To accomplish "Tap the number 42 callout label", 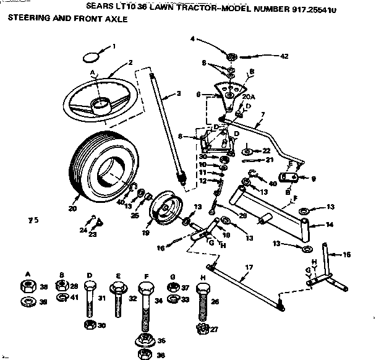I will (x=284, y=56).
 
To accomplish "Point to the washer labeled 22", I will (x=247, y=150).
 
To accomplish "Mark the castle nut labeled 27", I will (x=201, y=330).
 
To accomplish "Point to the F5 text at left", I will (x=33, y=219).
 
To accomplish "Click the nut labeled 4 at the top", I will (x=231, y=58).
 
